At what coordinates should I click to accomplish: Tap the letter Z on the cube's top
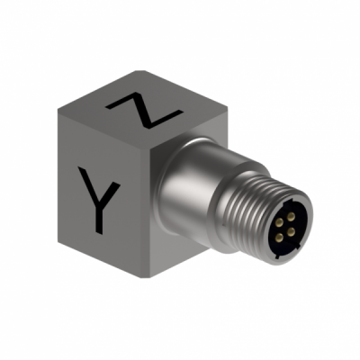tap(144, 110)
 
